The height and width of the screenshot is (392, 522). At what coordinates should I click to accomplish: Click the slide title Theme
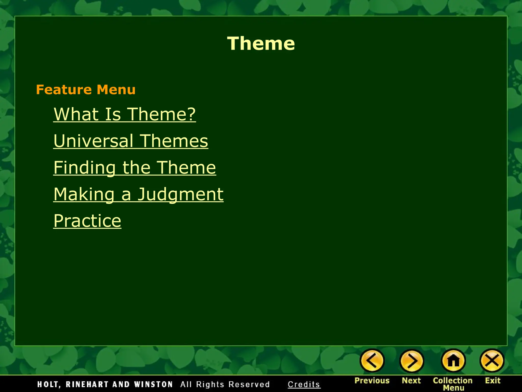coord(261,43)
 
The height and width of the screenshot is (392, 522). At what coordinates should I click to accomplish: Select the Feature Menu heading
coord(86,90)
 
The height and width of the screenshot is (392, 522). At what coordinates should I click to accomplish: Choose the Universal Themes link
coord(131,141)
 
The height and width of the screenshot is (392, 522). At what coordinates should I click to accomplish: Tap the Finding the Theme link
coord(135,168)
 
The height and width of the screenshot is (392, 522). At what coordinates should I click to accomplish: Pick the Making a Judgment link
coord(138,194)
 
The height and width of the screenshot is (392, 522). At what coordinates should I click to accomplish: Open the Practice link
coord(87,221)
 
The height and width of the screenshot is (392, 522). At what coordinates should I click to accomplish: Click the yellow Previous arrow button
coord(372,361)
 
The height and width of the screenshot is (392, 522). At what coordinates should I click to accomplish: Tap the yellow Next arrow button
coord(411,361)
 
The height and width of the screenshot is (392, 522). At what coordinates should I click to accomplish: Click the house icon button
coord(453,361)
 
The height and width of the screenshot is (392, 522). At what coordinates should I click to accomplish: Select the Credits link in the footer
coord(304,384)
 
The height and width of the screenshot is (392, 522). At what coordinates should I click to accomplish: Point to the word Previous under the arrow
coord(372,381)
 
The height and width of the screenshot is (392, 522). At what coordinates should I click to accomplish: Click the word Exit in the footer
coord(492,381)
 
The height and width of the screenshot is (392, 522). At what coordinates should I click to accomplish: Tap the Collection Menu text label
coord(453,384)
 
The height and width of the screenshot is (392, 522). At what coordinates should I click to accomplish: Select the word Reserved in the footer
coord(249,384)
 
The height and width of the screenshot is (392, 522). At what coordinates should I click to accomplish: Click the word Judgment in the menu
coord(180,194)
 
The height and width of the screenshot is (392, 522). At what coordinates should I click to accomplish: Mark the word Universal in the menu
coord(93,141)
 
